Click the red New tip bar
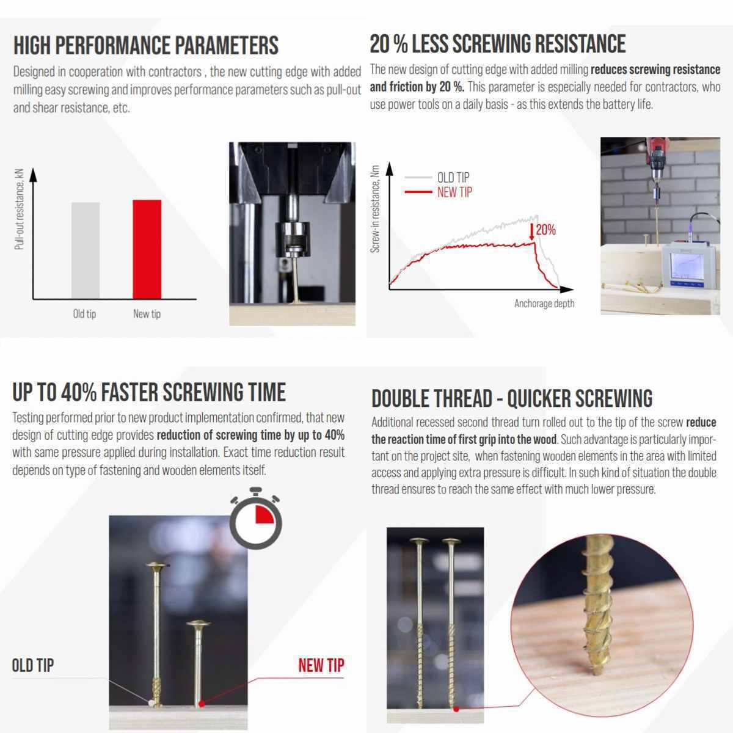147,249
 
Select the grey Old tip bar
86,250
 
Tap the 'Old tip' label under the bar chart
84,314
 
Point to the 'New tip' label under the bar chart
147,314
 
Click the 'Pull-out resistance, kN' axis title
19,210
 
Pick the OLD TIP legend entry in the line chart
437,177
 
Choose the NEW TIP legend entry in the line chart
439,192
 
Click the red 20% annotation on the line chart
543,230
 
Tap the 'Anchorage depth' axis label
544,303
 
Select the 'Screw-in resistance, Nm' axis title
375,209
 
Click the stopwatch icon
255,518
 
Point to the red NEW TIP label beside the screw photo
321,665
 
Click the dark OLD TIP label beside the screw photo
33,665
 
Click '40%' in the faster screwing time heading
79,393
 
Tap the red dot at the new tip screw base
202,704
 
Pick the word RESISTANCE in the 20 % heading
578,43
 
